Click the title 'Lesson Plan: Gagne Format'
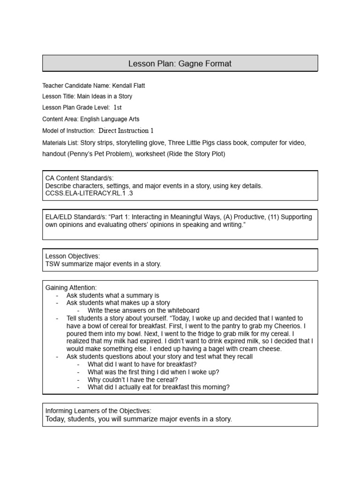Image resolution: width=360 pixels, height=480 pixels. [180, 63]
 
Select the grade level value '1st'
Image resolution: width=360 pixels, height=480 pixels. [118, 108]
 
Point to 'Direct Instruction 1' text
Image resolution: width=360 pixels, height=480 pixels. [126, 131]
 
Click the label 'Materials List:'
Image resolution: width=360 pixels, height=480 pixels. [60, 142]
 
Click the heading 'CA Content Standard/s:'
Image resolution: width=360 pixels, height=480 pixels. [79, 179]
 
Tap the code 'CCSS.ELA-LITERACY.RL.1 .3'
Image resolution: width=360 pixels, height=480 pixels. [87, 193]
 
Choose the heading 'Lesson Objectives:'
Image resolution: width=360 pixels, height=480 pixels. [73, 256]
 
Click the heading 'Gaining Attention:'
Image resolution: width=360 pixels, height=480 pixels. [71, 287]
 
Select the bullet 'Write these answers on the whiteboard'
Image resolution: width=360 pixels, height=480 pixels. [143, 310]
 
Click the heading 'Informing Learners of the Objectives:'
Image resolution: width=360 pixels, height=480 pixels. [98, 411]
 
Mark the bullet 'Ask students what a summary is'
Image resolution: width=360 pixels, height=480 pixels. [113, 295]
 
